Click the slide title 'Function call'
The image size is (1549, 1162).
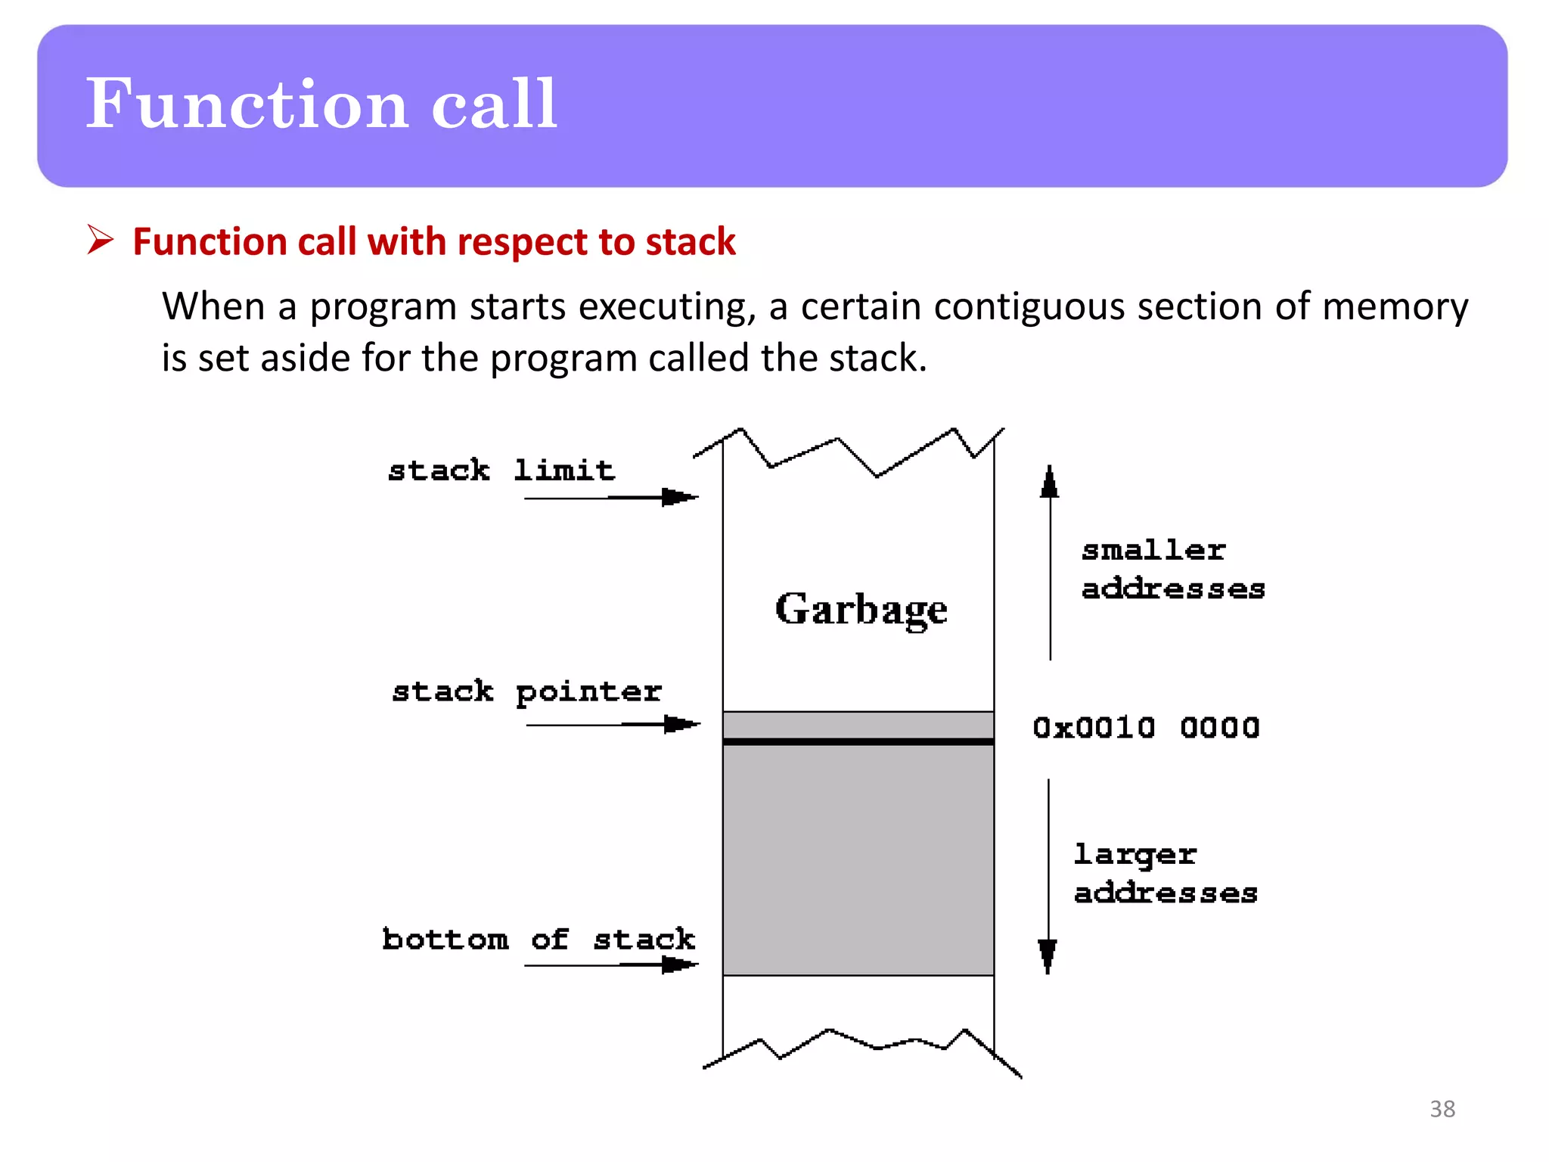pos(321,104)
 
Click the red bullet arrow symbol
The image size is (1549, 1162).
pos(100,240)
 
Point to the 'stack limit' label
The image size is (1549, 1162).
pos(501,471)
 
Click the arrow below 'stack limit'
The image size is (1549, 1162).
pos(611,497)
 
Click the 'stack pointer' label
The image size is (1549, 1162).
pos(526,691)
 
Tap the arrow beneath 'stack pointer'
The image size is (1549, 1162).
pos(613,725)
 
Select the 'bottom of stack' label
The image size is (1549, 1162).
pos(538,939)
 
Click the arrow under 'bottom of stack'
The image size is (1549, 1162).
pos(611,965)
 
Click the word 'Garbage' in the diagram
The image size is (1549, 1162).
pos(861,610)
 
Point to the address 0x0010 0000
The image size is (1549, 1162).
pos(1146,728)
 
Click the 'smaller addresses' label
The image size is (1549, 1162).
pos(1172,569)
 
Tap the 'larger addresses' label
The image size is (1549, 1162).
pos(1165,874)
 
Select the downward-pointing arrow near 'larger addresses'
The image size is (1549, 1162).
pos(1048,878)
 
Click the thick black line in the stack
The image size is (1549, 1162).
pos(858,742)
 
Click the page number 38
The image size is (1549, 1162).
pos(1442,1109)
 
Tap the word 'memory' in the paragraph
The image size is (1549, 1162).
pos(1395,307)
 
